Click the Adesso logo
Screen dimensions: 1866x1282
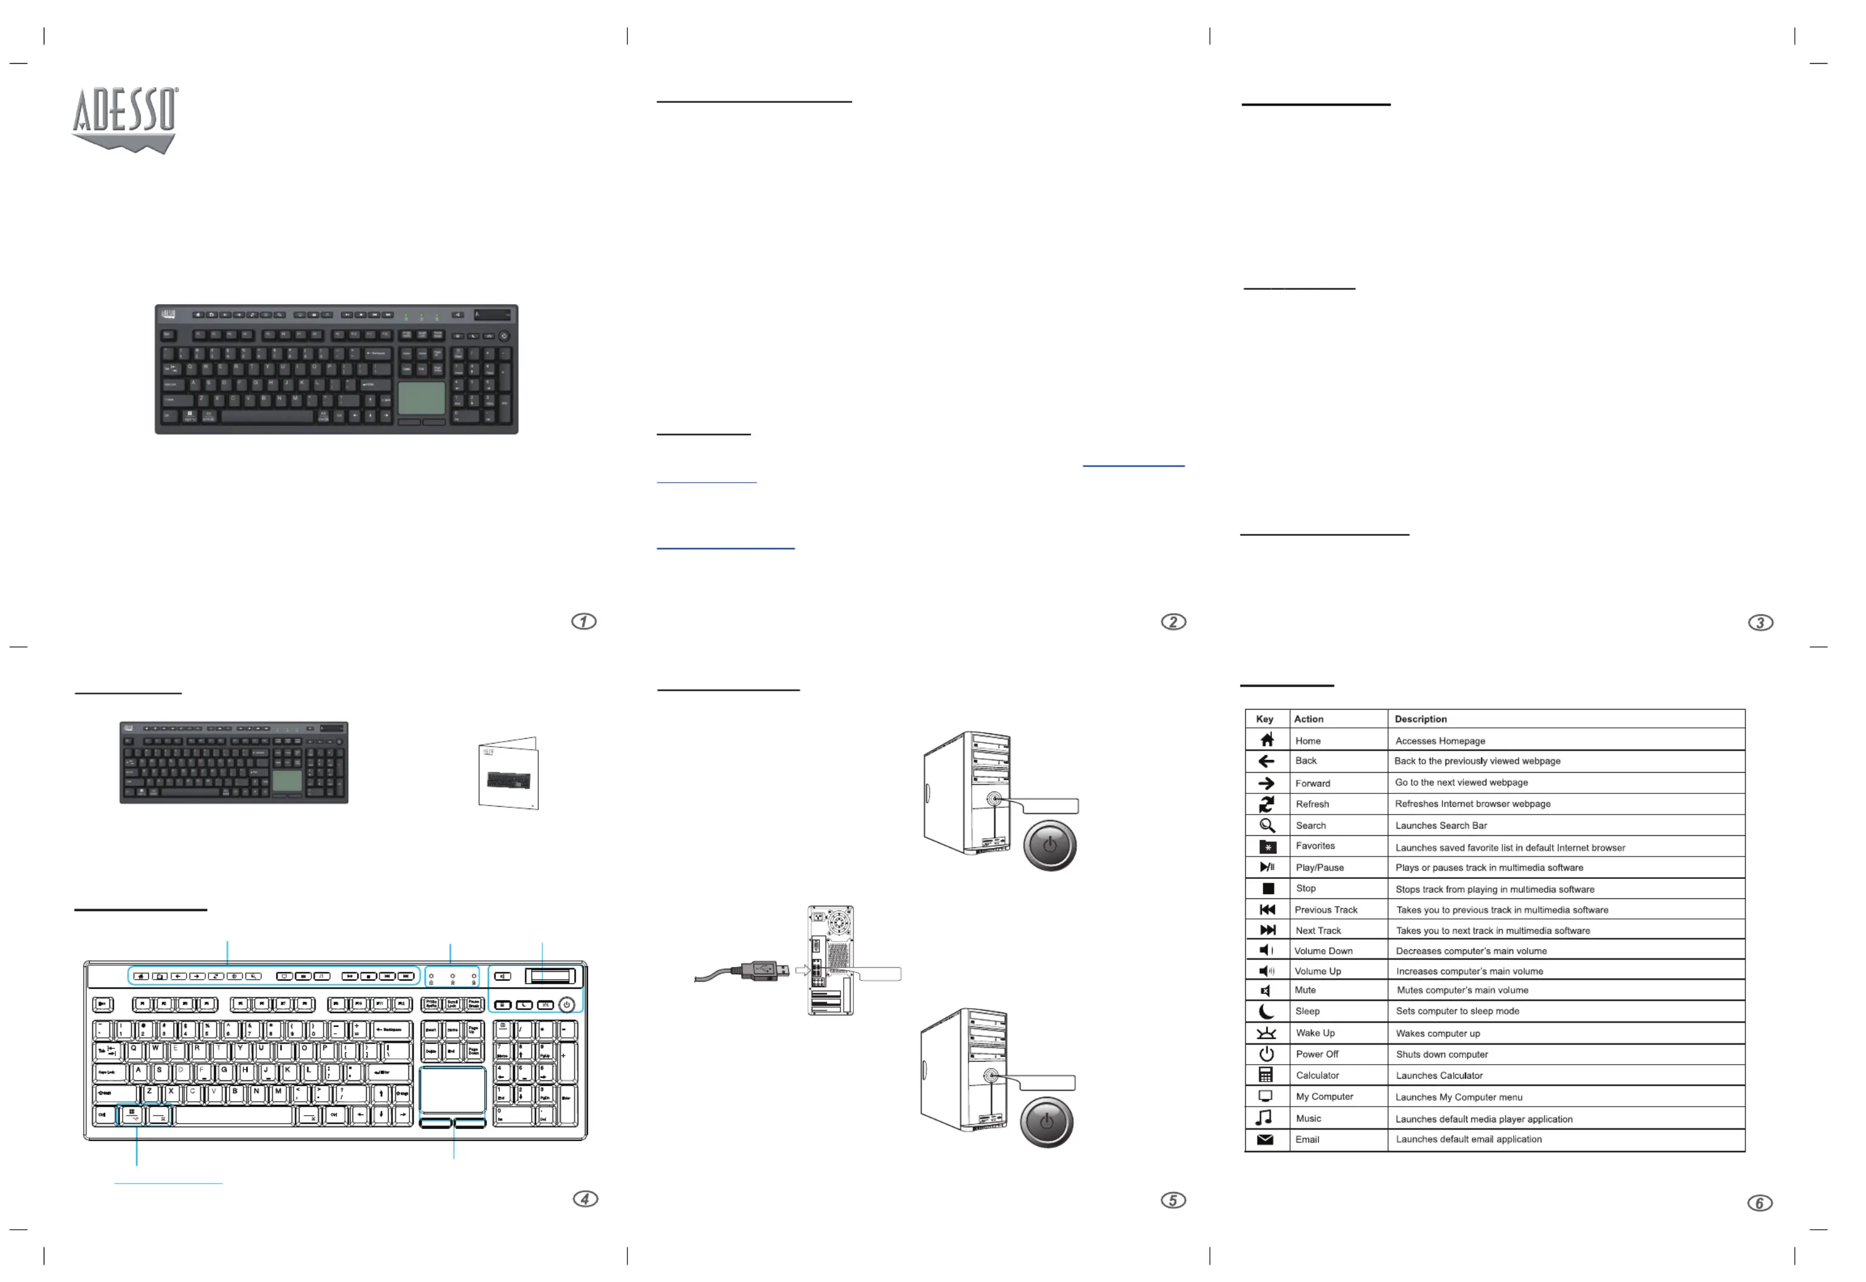[x=125, y=119]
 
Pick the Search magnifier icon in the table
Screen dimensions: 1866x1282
[x=1266, y=826]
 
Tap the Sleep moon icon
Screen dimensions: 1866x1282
[x=1266, y=1011]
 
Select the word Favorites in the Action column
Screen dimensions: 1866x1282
[x=1314, y=846]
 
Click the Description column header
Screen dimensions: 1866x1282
[x=1420, y=719]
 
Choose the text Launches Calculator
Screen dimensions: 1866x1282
[x=1438, y=1076]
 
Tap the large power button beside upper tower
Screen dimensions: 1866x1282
[x=1049, y=845]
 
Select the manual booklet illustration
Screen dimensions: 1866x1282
[x=508, y=773]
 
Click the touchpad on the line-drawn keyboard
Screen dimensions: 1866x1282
[x=453, y=1090]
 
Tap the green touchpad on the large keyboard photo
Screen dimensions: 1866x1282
[x=421, y=398]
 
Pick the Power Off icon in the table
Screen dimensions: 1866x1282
[x=1266, y=1054]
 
